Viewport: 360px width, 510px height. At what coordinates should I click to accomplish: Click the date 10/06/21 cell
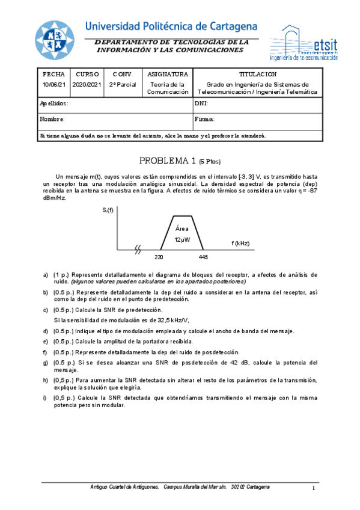(x=53, y=84)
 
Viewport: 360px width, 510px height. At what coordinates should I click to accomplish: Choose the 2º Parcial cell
(x=123, y=84)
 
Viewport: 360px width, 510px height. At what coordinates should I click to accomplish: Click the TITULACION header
(x=257, y=74)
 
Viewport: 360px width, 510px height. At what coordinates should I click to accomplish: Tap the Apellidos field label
(x=53, y=103)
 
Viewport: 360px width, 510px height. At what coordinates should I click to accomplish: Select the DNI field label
(x=201, y=103)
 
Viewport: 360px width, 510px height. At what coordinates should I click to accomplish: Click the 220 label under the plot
(x=159, y=257)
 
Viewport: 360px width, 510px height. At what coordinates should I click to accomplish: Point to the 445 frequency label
(x=203, y=257)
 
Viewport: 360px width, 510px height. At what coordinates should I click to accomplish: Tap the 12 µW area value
(x=182, y=239)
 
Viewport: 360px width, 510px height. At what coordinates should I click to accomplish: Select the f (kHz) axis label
(x=240, y=243)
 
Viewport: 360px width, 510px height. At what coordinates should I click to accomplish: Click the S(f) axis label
(x=108, y=210)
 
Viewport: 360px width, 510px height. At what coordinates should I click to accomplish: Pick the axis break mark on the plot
(x=139, y=248)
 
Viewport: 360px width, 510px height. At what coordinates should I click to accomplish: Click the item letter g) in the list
(x=46, y=362)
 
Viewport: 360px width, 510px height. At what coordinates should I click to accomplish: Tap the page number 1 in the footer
(x=314, y=487)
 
